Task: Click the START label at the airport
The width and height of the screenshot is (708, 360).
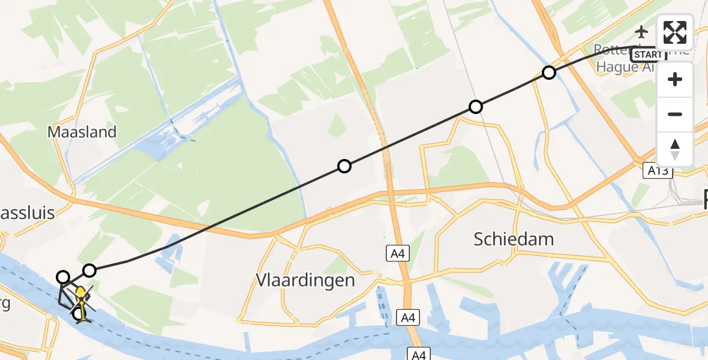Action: pos(649,55)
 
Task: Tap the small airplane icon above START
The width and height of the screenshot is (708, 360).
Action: pos(642,31)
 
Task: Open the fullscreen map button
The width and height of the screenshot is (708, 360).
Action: pos(675,32)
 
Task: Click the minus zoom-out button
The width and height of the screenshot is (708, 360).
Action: pos(675,114)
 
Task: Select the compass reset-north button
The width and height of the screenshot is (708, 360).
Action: pos(675,149)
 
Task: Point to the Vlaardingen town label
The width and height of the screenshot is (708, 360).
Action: pos(305,280)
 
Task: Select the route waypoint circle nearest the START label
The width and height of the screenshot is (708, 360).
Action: pos(548,73)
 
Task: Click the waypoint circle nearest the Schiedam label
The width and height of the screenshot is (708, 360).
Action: pos(475,107)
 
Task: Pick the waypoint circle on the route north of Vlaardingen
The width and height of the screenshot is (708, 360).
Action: pos(344,166)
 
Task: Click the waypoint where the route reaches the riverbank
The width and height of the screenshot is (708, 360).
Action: pos(63,277)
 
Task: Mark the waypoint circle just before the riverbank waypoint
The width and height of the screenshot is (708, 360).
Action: pos(89,271)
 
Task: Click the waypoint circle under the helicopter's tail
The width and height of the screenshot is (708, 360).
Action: pos(78,314)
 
